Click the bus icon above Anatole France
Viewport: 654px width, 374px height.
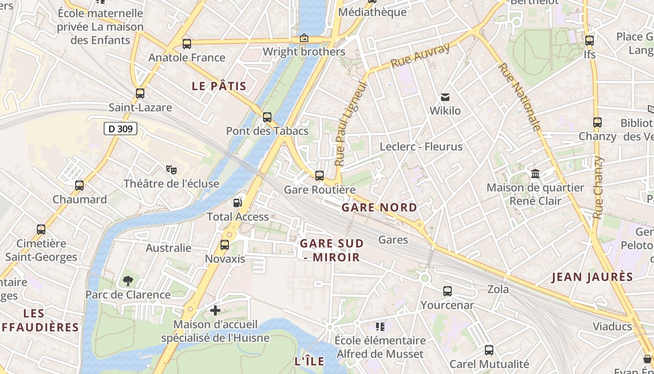pos(187,44)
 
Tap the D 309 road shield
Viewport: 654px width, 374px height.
pos(121,129)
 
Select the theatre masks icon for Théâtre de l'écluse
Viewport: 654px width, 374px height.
pos(171,169)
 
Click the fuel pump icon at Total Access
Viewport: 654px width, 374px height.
pos(238,202)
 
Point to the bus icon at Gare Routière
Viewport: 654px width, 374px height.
pos(320,176)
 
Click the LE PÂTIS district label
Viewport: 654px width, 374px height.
pos(219,86)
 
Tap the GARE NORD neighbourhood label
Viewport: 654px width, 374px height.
pos(379,207)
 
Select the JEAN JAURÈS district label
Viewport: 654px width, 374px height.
pos(592,277)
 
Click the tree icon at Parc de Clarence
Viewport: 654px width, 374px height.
pos(128,280)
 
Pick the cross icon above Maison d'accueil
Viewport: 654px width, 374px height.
pos(215,310)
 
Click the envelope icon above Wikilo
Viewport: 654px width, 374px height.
pos(445,97)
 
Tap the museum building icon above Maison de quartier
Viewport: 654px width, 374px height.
pos(535,174)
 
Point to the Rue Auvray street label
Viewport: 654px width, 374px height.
pos(420,55)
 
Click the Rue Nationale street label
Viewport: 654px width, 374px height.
pos(519,97)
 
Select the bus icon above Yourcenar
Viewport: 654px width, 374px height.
pos(448,291)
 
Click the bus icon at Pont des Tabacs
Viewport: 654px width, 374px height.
pos(267,117)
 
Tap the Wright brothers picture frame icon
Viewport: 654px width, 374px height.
pos(304,38)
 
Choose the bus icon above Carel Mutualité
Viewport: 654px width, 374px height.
pos(489,350)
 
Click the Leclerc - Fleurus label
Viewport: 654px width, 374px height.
pos(421,146)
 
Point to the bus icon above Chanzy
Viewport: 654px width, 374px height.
pos(597,122)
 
